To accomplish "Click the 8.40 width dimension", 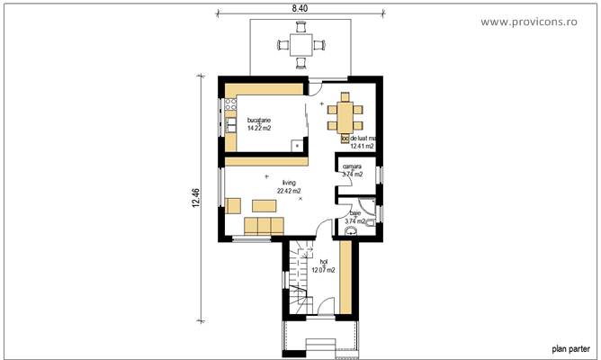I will pyautogui.click(x=298, y=6).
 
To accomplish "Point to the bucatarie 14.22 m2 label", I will pyautogui.click(x=260, y=124).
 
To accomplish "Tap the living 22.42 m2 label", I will pyautogui.click(x=288, y=186).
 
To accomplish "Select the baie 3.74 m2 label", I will pyautogui.click(x=354, y=217).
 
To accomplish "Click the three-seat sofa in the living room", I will pyautogui.click(x=261, y=225).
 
